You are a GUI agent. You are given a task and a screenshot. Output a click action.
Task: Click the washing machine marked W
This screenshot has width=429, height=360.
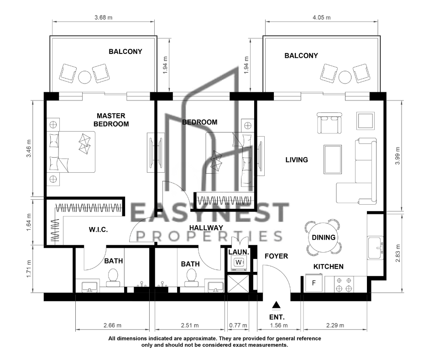pos(239,263)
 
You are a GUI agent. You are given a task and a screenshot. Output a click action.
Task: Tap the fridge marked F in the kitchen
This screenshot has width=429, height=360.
pos(314,283)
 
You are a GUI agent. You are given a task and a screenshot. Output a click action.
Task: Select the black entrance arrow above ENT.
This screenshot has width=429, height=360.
pos(277,305)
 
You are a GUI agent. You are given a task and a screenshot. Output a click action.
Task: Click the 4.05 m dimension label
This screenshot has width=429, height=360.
pos(321,17)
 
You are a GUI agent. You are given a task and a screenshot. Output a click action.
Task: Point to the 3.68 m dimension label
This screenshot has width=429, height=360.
pos(104,17)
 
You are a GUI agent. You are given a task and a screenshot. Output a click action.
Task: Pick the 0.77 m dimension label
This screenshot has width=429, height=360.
pos(238,325)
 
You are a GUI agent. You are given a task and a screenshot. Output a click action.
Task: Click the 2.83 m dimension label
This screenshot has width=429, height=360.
pos(398,253)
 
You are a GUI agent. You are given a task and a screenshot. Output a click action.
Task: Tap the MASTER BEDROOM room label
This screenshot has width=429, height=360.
pos(111,120)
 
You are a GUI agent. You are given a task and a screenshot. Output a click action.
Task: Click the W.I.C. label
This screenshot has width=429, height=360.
pos(98,230)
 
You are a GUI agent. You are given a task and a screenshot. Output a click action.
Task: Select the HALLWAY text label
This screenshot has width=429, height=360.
pos(206,228)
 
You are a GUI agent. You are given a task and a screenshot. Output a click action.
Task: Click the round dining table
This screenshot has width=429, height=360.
pos(324,237)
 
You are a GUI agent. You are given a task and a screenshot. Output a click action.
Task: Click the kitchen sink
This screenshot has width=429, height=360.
pos(375,248)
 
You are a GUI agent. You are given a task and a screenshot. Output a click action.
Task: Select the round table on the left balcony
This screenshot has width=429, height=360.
pos(85,78)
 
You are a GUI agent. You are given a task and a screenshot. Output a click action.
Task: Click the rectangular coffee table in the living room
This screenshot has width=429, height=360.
pos(333,159)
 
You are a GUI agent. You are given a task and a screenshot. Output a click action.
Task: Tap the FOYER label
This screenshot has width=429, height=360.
pos(276,256)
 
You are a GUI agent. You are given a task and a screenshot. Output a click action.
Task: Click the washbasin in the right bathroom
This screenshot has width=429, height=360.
pos(216,287)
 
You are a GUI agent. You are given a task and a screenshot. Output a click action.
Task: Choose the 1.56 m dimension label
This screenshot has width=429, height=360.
pos(279,325)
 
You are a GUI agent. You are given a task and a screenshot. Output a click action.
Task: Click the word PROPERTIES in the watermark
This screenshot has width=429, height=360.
pos(209,236)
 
